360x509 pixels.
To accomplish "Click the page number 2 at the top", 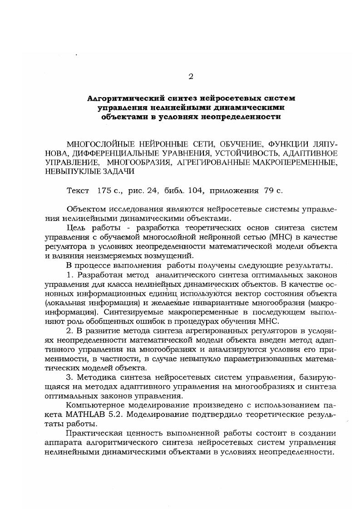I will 191,76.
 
